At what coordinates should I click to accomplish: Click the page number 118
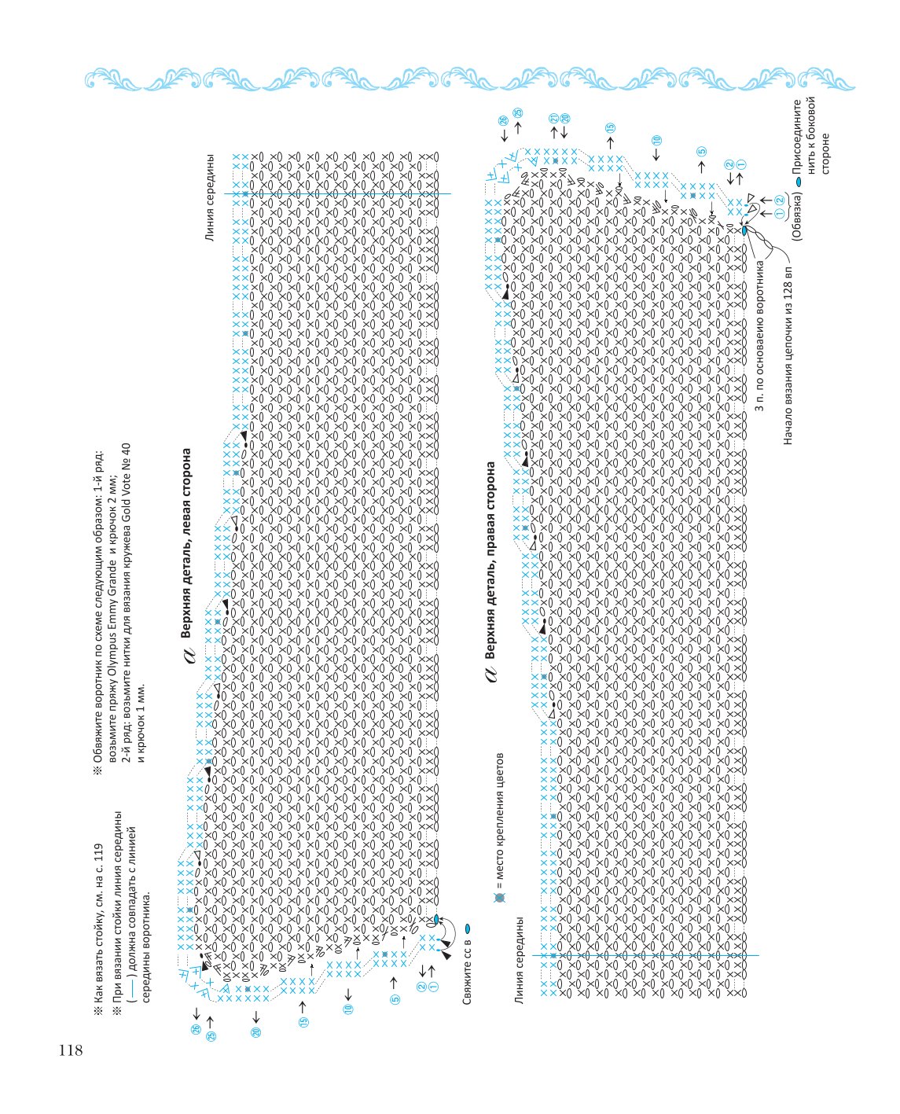71,1050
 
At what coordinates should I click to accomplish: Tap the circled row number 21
554,118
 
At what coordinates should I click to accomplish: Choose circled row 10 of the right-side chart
657,140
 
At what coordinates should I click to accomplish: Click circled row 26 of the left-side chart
196,1029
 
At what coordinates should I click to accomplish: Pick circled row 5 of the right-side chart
701,151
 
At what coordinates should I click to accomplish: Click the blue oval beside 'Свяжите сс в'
468,928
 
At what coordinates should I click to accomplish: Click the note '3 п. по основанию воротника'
759,335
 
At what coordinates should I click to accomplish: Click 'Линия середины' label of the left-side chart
210,197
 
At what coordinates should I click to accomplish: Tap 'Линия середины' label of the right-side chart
519,960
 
